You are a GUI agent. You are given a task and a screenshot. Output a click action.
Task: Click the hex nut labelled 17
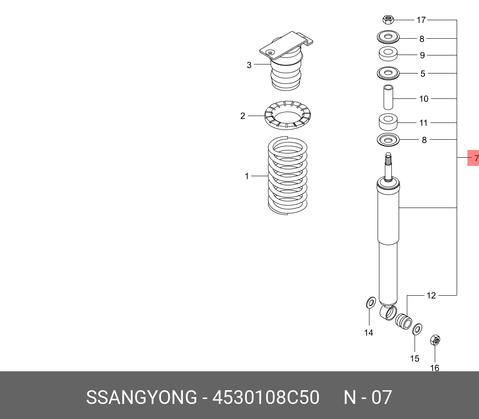point(388,20)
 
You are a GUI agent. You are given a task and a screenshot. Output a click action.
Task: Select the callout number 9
point(422,55)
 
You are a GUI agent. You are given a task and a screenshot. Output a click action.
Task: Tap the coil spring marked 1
point(287,175)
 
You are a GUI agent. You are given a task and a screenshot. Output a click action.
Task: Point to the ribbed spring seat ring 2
point(287,115)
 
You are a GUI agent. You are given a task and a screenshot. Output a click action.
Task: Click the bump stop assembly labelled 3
point(286,61)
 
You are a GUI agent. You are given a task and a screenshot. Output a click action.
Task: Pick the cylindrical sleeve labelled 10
point(388,97)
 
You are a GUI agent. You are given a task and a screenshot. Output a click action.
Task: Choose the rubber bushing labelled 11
point(388,122)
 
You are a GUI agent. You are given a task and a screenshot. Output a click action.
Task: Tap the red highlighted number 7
point(473,158)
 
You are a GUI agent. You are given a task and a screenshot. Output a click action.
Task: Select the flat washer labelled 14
point(371,303)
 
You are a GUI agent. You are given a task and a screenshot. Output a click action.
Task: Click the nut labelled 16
point(435,340)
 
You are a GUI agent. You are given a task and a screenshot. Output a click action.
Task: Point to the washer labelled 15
point(417,330)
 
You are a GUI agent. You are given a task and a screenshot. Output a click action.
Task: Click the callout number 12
point(431,296)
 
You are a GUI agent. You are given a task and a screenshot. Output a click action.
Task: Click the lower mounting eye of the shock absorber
point(388,313)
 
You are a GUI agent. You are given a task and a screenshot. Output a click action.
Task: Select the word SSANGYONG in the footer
point(141,398)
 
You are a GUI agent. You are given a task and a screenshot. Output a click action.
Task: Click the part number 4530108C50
point(266,398)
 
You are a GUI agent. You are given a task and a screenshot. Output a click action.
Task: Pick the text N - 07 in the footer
point(368,398)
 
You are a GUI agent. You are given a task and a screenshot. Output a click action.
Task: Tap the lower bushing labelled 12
point(403,321)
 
